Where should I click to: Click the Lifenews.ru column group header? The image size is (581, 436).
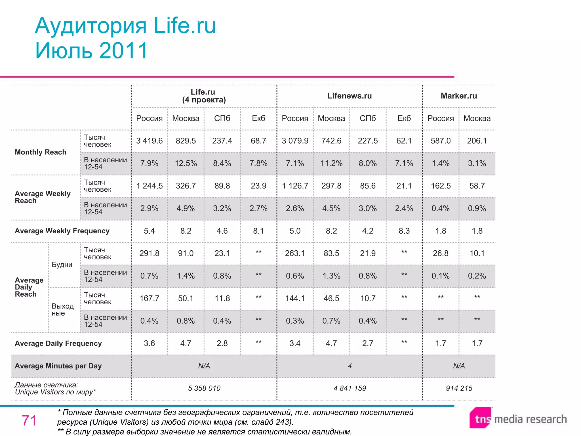tap(349, 96)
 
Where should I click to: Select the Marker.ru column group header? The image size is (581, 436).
tap(459, 96)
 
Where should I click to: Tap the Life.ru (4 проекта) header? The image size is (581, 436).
tap(204, 96)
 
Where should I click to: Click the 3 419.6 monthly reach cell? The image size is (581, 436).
tap(149, 141)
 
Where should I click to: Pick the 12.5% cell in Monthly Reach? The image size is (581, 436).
tap(186, 163)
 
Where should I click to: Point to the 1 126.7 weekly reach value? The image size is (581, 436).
tap(295, 186)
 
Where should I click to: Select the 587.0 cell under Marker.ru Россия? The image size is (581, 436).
tap(440, 141)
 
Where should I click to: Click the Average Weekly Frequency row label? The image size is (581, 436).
tap(62, 231)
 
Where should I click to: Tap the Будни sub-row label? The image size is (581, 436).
tap(62, 265)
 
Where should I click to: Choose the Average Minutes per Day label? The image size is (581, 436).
tap(58, 366)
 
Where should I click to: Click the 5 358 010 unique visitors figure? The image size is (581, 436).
tap(204, 388)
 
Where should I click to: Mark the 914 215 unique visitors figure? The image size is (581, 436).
tap(459, 388)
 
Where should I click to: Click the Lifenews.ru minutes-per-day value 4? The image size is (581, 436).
tap(350, 366)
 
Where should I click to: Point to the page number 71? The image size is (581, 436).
tap(29, 420)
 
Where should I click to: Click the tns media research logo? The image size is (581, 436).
tap(518, 418)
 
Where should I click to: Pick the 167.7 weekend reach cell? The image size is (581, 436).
tap(149, 298)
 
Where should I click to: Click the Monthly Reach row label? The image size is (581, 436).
tap(40, 152)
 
